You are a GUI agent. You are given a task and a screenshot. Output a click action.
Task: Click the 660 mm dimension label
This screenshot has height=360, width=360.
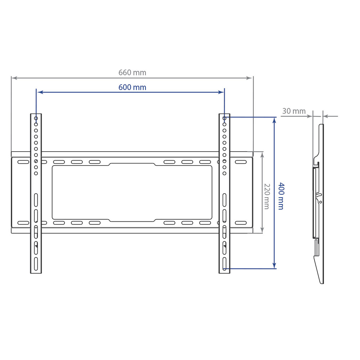coord(132,73)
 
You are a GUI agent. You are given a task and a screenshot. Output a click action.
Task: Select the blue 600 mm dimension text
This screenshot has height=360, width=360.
coord(132,87)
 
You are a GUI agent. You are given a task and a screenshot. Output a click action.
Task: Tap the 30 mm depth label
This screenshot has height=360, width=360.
coord(294,111)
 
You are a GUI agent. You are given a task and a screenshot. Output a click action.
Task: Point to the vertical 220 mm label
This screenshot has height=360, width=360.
coord(267,196)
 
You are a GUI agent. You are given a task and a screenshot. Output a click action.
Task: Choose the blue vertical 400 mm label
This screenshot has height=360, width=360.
coord(281,196)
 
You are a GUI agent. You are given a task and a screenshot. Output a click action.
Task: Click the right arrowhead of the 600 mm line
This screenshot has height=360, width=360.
coord(221,92)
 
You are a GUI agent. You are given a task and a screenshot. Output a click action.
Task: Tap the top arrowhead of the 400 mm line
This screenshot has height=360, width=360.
coord(274,120)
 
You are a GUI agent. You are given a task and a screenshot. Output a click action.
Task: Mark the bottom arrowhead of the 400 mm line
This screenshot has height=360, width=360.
coord(274,266)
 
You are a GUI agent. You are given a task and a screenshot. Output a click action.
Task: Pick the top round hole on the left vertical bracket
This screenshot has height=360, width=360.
coord(36,118)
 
